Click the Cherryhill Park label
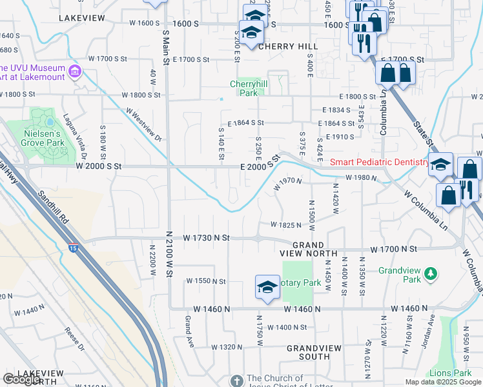coord(244,88)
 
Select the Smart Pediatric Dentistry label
coord(380,163)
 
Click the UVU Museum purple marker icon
coord(76,69)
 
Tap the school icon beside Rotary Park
coord(267,288)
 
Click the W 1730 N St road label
coord(206,238)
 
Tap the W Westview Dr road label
coord(143,124)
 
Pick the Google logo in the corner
coord(21,379)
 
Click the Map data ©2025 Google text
coord(443,382)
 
